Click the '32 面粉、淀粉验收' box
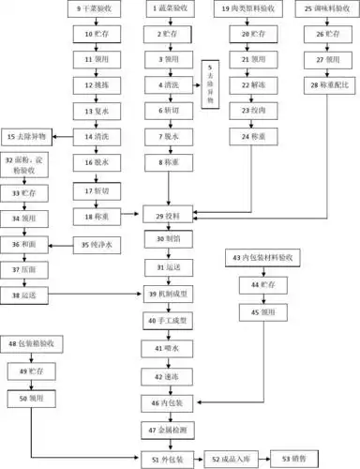click(x=33, y=167)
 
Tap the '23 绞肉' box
click(x=250, y=110)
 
